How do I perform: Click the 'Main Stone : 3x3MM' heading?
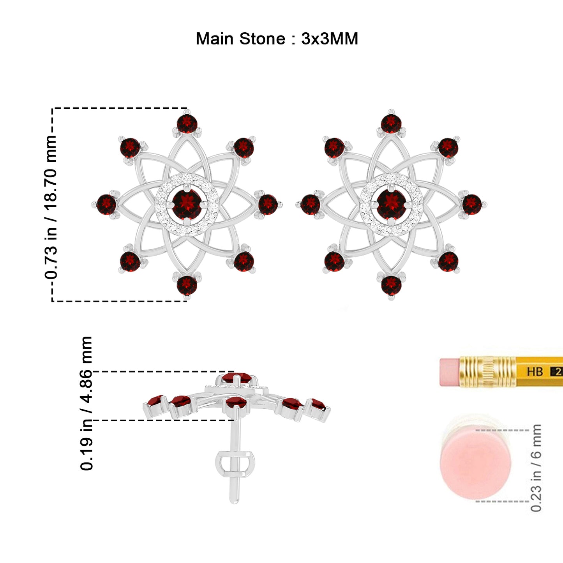click(277, 39)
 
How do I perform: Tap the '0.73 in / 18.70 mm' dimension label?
click(51, 207)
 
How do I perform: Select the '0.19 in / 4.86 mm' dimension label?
click(86, 403)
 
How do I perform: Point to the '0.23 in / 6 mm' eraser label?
click(536, 468)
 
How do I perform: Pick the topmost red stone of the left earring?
click(187, 124)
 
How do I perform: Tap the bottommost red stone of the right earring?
click(391, 285)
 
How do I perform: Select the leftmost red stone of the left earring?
click(106, 205)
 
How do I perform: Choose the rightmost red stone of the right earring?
click(472, 204)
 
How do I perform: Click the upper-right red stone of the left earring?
click(244, 148)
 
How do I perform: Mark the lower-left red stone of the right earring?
click(334, 261)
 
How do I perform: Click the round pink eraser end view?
click(476, 466)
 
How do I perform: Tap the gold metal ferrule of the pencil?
click(488, 372)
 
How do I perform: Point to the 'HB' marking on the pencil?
click(535, 372)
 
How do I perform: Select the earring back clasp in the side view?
click(235, 464)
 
